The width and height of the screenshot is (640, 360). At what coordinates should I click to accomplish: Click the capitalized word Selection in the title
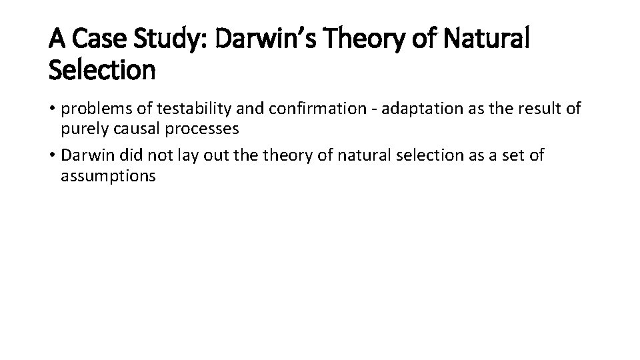102,70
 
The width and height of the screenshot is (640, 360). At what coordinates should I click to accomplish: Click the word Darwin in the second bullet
83,156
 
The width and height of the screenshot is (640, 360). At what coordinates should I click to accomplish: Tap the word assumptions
108,176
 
